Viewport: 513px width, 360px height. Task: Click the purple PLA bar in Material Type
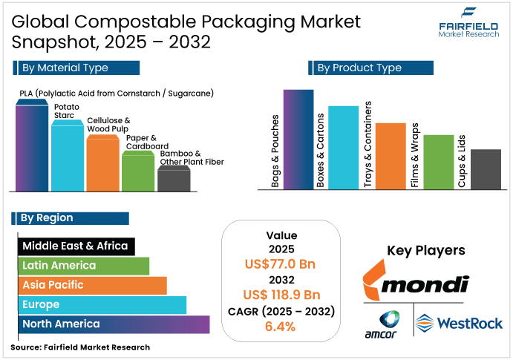coord(32,148)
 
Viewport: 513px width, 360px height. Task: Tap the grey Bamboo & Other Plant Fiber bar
coord(174,180)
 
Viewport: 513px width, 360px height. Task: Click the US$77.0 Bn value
coord(281,264)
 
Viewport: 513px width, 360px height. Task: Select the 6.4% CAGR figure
coord(281,326)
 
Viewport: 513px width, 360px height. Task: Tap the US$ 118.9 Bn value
coord(281,295)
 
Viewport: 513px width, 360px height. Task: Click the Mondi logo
coord(416,283)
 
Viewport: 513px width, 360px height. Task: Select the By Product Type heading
coord(359,68)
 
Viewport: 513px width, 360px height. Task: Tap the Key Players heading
coord(426,250)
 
